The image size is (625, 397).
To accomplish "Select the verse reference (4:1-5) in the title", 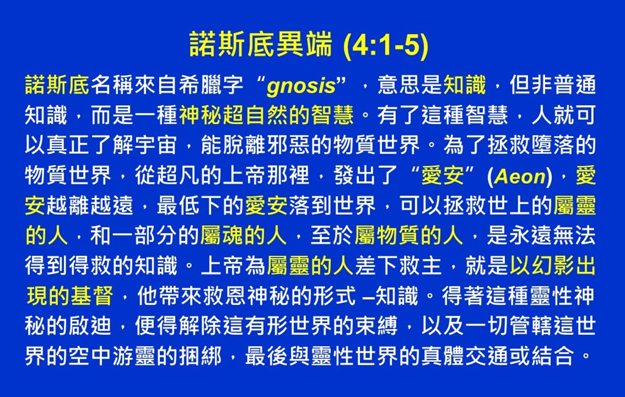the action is coord(386,45).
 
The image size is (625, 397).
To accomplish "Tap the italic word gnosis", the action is coord(302,86).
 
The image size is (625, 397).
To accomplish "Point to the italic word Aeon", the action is coord(520,176).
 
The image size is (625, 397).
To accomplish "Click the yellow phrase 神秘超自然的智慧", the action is coord(266,115).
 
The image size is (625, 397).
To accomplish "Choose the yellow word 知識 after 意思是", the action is coord(464,85).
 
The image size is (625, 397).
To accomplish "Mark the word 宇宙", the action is coord(156,145).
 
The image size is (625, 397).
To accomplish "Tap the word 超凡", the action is coord(178,175).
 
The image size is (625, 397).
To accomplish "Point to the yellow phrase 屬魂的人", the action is coord(244,235).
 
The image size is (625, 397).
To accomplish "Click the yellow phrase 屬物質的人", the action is coord(409,235).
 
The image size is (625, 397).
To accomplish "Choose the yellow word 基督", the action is coord(92,296).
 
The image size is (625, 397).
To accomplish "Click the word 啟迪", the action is coord(90,326).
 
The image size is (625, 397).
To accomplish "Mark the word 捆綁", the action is coord(200,356).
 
